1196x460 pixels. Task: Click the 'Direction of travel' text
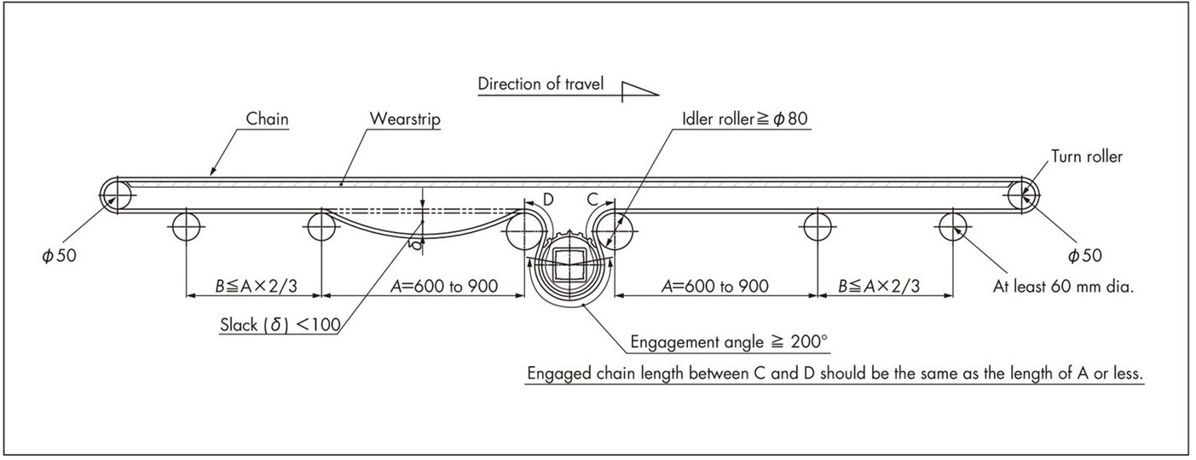540,84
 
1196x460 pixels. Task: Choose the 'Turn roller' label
1086,156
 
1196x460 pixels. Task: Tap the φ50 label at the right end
1087,255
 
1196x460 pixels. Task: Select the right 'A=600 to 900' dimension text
714,286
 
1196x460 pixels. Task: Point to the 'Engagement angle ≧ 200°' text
728,342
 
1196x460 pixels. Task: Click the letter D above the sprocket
548,200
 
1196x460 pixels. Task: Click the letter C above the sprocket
591,200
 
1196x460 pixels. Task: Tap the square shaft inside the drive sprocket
569,263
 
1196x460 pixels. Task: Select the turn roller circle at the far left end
113,195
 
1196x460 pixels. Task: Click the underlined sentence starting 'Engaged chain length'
835,373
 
